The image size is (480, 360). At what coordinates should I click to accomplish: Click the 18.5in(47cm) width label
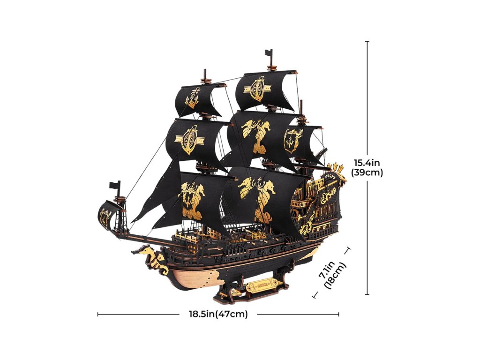tap(215, 314)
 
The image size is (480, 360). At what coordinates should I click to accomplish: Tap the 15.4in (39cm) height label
tap(367, 167)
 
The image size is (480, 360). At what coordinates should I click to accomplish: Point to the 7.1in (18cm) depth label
tap(332, 277)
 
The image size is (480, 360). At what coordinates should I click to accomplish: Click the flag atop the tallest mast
tap(269, 52)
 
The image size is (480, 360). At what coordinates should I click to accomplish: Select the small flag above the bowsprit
tap(114, 186)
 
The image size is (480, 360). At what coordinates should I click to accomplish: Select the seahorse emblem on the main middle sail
tap(257, 133)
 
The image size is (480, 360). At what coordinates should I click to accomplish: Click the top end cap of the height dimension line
tap(367, 42)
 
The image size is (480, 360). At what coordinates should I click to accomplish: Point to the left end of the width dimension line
tap(98, 314)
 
